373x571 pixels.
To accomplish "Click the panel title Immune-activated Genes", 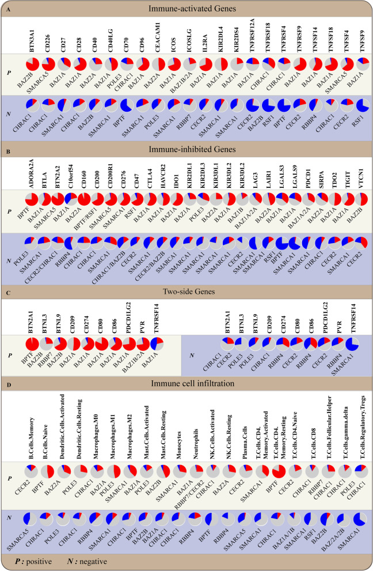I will tap(186, 8).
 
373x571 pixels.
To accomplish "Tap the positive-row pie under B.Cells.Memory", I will tap(30, 470).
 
